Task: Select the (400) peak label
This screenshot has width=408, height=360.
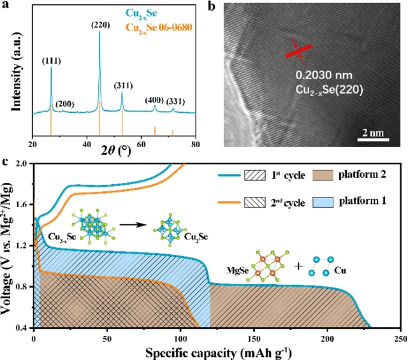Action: pyautogui.click(x=154, y=100)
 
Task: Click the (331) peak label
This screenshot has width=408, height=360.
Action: pyautogui.click(x=177, y=101)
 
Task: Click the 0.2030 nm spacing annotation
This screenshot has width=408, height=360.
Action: pyautogui.click(x=322, y=80)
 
